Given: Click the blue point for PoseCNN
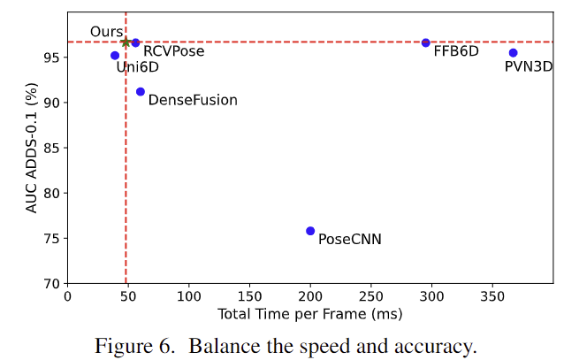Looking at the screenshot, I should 310,231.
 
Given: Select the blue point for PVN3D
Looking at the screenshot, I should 513,53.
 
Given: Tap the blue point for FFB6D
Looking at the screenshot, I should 425,42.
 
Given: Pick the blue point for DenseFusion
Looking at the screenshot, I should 141,91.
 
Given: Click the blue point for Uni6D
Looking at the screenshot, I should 115,55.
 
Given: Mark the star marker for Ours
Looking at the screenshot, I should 126,42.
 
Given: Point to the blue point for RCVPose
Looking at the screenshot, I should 135,42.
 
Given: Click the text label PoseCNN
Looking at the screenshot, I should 349,239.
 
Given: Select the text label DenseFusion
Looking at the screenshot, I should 193,100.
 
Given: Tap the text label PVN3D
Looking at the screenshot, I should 529,66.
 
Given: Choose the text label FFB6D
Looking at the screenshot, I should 456,51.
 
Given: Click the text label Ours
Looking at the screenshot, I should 106,32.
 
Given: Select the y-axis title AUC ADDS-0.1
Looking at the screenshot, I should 32,148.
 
